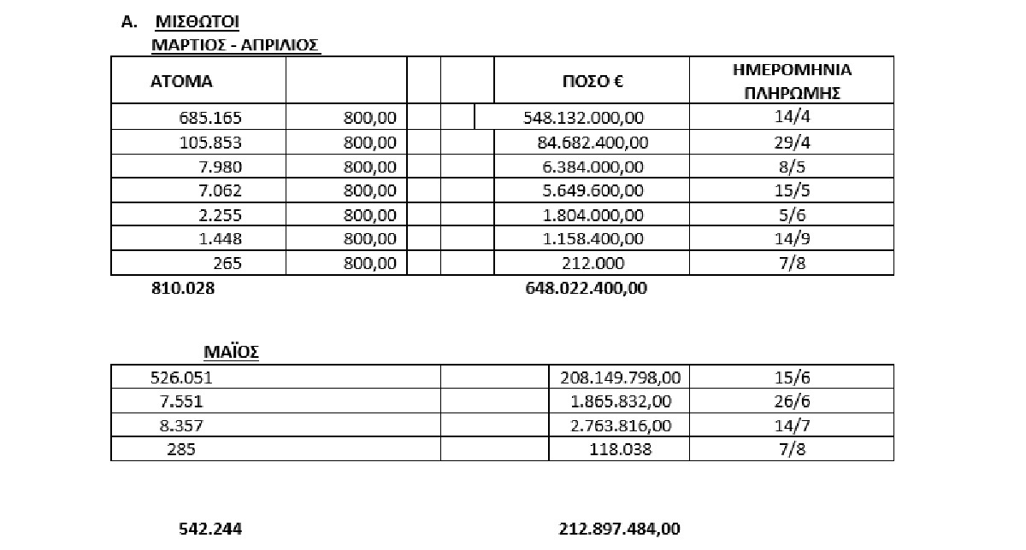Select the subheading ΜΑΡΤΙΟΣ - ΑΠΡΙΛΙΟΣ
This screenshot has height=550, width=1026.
[235, 44]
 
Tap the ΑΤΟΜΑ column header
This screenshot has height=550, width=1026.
[181, 82]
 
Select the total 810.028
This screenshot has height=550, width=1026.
[183, 289]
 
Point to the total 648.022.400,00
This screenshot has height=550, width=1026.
[586, 289]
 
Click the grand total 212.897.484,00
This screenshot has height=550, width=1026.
[620, 530]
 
